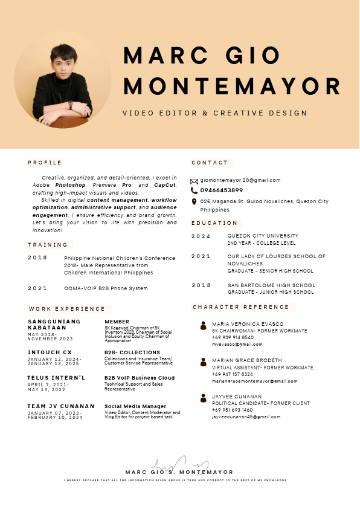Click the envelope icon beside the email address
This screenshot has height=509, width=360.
click(194, 181)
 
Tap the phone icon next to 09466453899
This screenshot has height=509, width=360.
click(194, 190)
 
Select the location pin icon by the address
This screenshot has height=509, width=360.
click(194, 201)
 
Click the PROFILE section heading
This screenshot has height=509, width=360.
click(45, 163)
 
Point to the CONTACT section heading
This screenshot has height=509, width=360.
click(210, 163)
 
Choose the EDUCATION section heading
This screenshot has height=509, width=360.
click(214, 223)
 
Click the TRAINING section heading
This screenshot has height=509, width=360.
click(48, 245)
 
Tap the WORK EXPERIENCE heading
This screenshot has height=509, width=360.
click(66, 309)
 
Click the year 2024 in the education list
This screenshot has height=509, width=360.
click(201, 236)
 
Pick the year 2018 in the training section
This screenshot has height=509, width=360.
click(37, 258)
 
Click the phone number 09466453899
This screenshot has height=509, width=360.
click(222, 190)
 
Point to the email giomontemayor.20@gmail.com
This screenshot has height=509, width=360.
click(240, 180)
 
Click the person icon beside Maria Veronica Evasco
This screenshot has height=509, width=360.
click(204, 326)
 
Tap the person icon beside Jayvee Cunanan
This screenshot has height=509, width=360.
click(204, 398)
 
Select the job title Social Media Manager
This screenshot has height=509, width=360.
click(135, 406)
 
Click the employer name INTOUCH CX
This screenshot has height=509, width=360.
click(50, 352)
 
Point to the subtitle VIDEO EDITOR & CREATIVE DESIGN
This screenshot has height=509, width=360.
click(214, 113)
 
